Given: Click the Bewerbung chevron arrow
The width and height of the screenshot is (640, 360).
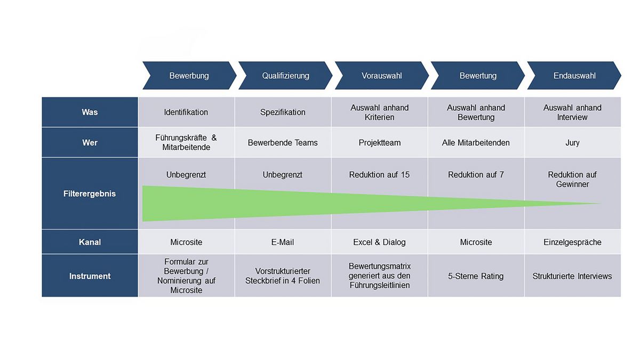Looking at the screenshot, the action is click(189, 75).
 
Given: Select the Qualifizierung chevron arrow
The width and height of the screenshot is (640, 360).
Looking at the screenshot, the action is click(285, 75).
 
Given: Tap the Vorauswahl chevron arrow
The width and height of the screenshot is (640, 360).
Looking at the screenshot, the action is click(382, 75).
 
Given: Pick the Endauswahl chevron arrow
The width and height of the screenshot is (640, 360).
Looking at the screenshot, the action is click(574, 75).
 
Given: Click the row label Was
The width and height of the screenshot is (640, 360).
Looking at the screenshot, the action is click(90, 112).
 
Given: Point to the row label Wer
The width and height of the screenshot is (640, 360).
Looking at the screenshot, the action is click(90, 142).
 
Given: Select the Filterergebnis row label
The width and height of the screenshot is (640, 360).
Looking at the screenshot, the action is click(90, 194).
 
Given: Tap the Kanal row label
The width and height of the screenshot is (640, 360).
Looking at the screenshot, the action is click(90, 242).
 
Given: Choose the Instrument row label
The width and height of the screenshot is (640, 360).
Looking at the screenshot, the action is click(90, 276).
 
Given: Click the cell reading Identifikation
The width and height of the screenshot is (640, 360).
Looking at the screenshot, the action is click(186, 112).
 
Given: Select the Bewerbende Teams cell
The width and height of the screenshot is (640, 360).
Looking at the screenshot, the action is click(283, 142).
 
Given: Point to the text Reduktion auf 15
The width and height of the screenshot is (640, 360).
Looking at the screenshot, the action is click(379, 174).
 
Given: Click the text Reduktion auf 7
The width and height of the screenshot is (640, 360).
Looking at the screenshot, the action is click(476, 174).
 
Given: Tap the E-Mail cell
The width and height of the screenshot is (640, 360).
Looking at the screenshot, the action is click(283, 242).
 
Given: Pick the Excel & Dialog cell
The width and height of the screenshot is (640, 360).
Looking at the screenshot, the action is click(379, 242).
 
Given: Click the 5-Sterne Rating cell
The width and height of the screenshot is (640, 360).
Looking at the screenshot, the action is click(476, 276).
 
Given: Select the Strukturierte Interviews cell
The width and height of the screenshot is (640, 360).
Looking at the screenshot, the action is click(573, 276).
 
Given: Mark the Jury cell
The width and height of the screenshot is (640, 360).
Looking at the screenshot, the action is click(573, 142).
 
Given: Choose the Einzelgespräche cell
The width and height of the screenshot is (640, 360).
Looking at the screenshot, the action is click(573, 242).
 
